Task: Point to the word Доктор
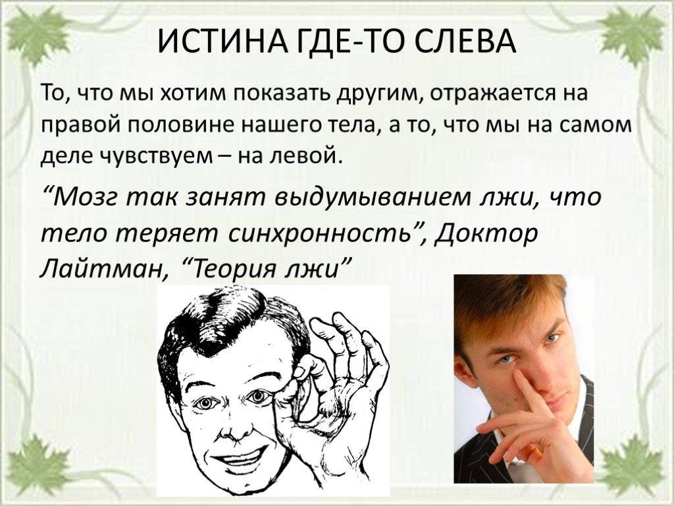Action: click(487, 234)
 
